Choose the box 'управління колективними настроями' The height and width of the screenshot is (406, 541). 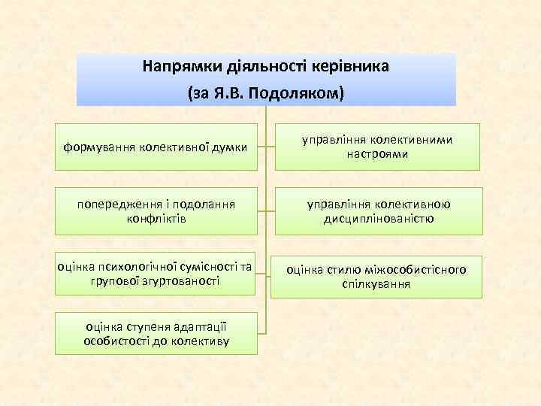coord(377,147)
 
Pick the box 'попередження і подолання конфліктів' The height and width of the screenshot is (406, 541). coord(158,211)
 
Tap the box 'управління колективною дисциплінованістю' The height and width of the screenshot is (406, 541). coord(377,211)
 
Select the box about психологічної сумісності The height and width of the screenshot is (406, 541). coord(158,274)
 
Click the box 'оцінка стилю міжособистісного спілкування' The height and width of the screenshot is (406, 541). coord(377,277)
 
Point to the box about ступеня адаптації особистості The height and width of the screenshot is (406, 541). coord(158,334)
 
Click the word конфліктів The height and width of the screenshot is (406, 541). coord(158,218)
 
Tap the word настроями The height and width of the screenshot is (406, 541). coord(377,154)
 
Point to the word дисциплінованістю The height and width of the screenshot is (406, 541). coord(378,218)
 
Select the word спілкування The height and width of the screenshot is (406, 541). coord(377,284)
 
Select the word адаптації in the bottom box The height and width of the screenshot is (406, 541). coord(198,326)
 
